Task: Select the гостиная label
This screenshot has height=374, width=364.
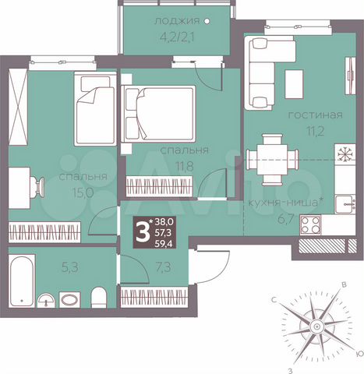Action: click(x=315, y=115)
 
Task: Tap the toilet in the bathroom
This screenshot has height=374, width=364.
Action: click(x=98, y=298)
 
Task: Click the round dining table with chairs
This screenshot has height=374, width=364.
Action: click(x=272, y=159)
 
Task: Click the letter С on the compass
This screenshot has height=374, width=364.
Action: click(x=276, y=299)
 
